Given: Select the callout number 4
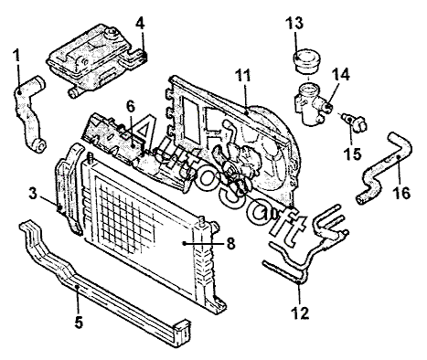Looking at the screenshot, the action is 140,24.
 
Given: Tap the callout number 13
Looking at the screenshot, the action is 294,23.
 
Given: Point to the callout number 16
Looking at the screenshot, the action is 401,193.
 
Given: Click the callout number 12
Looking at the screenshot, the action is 300,312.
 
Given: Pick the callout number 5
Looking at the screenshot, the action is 79,323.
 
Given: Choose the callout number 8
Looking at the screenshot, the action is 230,243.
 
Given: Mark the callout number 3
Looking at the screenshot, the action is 33,194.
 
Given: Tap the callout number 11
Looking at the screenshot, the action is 243,76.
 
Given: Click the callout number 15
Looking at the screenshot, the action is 352,154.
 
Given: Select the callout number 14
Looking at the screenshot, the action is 341,74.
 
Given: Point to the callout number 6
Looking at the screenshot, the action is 130,107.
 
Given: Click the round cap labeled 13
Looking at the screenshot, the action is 306,61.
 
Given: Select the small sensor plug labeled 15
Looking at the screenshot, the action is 355,122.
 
